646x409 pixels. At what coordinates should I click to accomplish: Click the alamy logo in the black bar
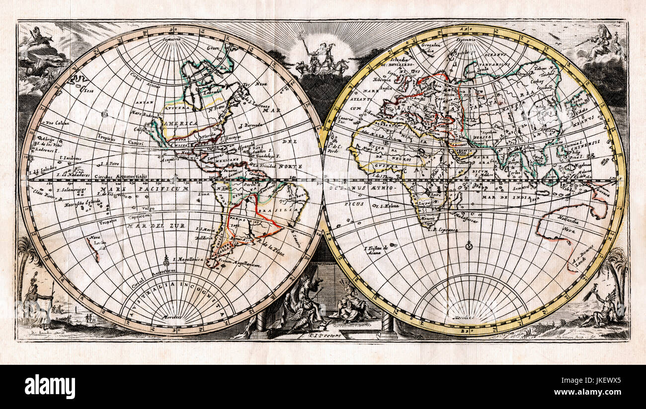pos(50,387)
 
